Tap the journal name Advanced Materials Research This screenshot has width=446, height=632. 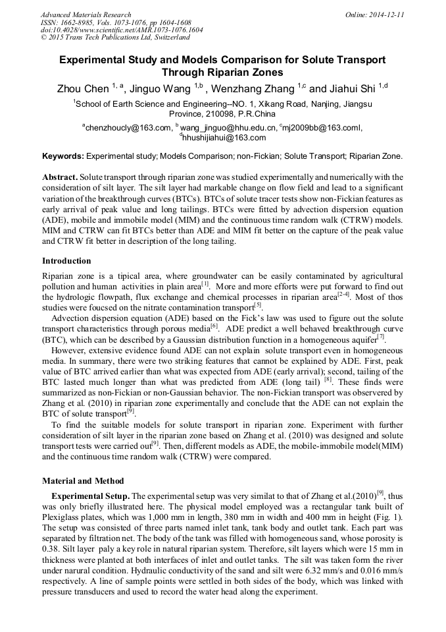(86, 14)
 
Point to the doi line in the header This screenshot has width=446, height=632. (122, 30)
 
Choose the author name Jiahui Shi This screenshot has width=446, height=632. (352, 89)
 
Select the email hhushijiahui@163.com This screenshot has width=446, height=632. (224, 138)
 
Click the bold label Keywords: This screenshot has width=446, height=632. (63, 157)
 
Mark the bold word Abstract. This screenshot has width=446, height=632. (61, 178)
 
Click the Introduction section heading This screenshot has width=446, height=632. (66, 261)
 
